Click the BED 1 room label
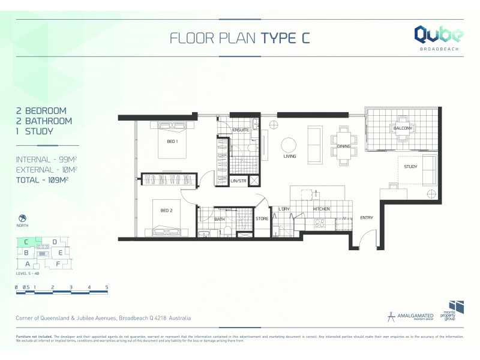(x=172, y=141)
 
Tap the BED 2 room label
(x=167, y=210)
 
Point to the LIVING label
(x=290, y=157)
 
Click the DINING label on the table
(x=343, y=146)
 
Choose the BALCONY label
(x=402, y=128)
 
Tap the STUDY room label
(x=410, y=167)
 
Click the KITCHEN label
(x=322, y=209)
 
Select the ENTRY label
(x=367, y=218)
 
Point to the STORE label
(x=262, y=219)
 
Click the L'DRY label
(x=284, y=209)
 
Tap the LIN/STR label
(x=238, y=181)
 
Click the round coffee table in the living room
(x=289, y=145)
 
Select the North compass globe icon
(x=22, y=218)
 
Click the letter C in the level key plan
(x=26, y=242)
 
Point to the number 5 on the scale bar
(x=107, y=287)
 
